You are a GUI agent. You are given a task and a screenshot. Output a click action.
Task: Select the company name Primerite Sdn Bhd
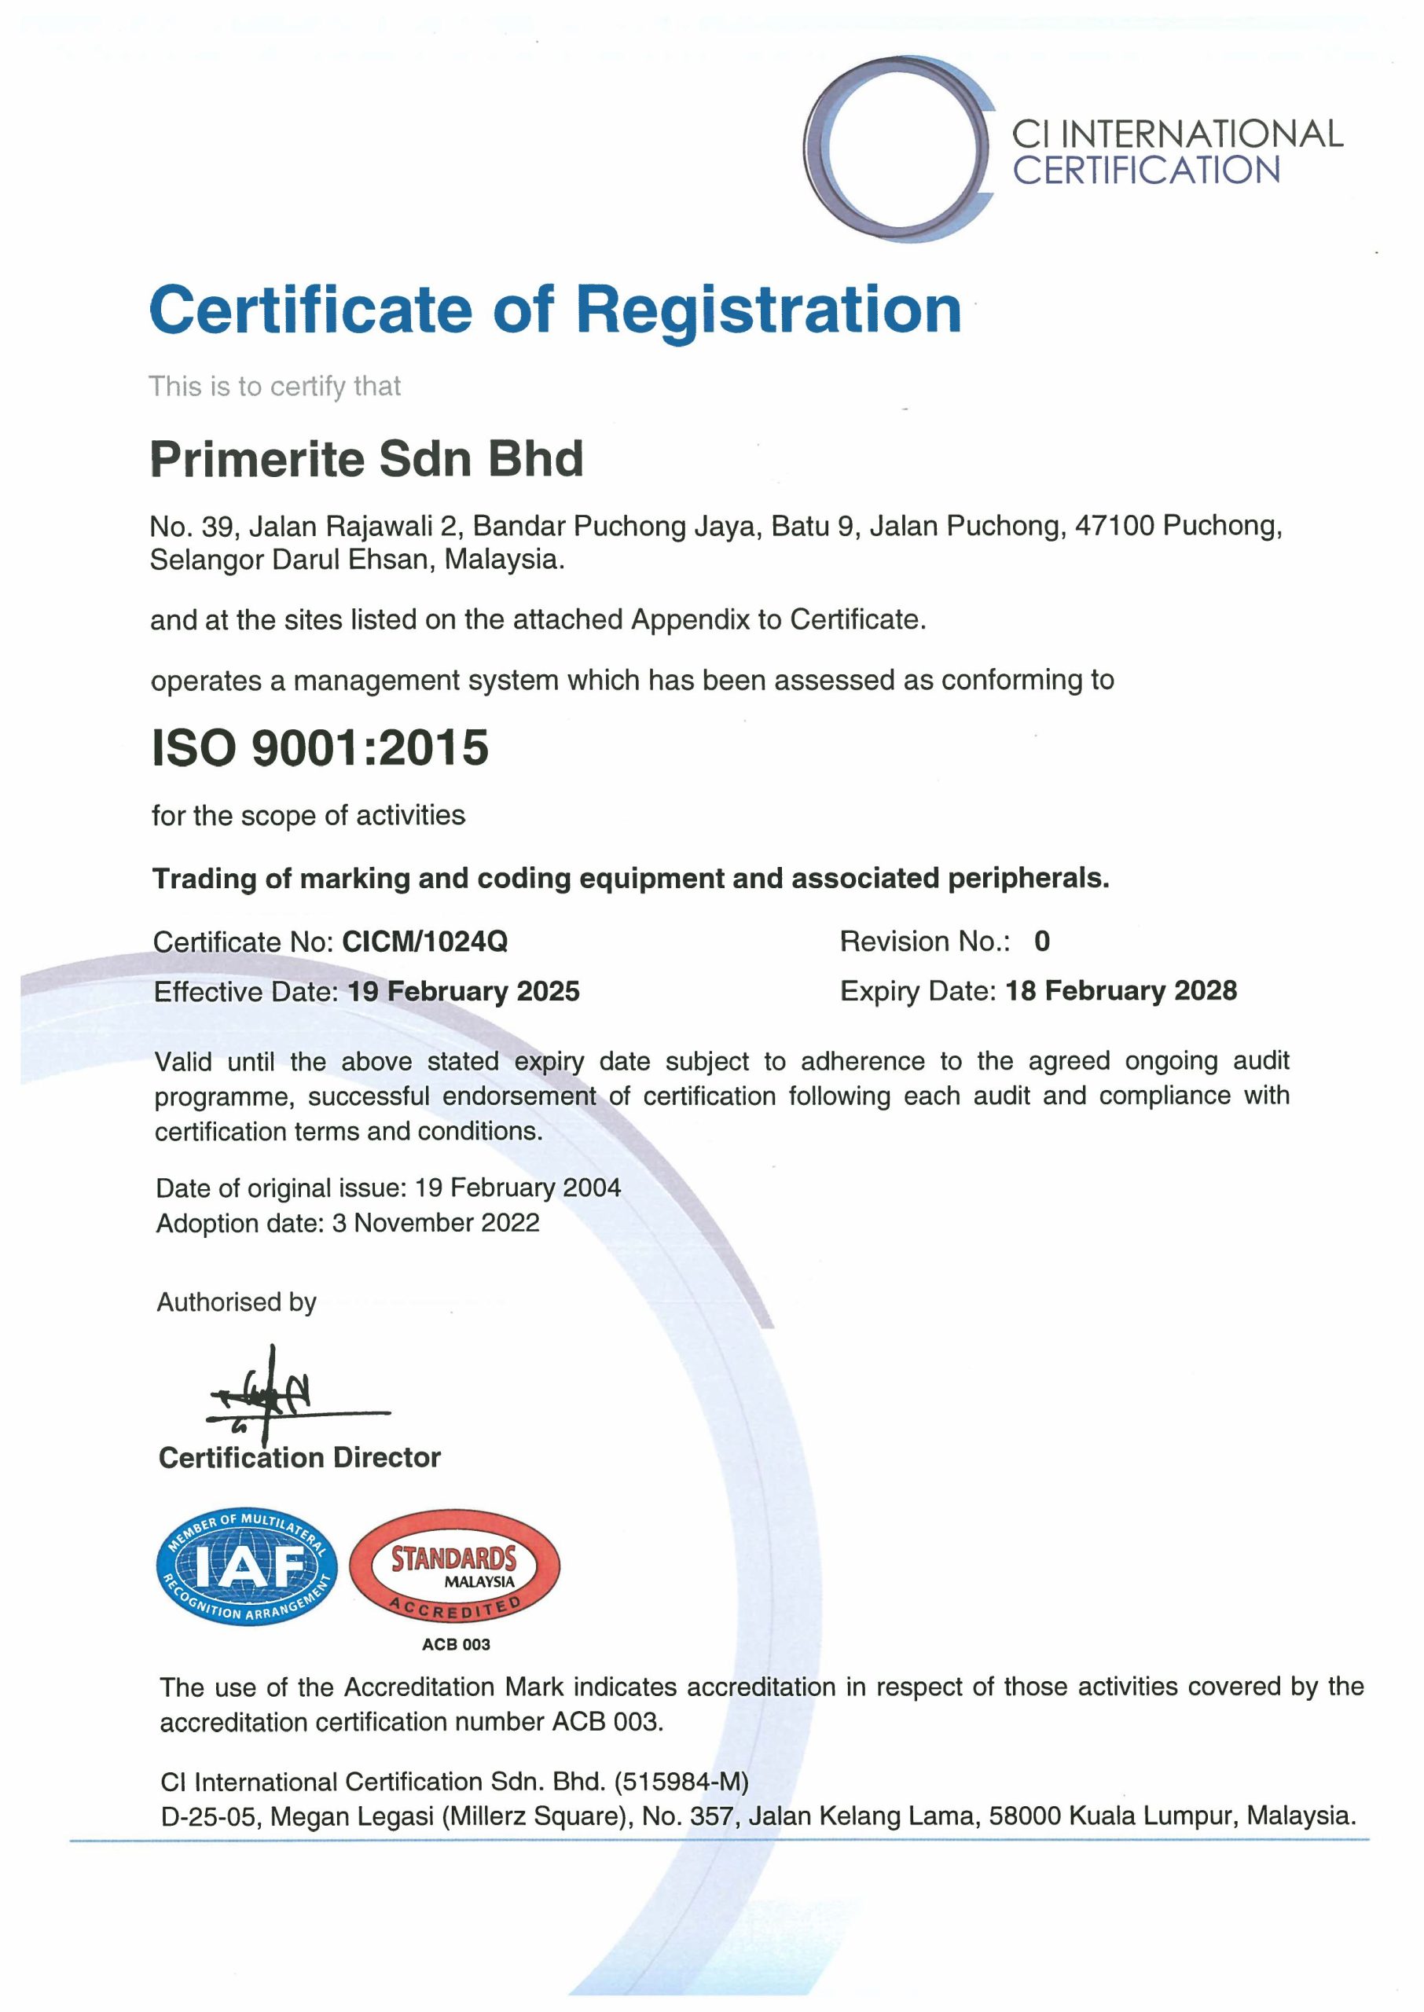point(366,458)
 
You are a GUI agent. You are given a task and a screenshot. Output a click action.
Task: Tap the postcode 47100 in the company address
point(1114,525)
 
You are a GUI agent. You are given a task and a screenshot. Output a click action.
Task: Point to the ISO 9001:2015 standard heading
point(320,747)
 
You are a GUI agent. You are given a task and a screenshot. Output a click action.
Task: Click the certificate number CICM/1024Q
point(424,941)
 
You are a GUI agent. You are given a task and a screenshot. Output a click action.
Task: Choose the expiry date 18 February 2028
point(1121,989)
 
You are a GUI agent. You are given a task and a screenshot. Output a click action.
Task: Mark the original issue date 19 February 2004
point(517,1187)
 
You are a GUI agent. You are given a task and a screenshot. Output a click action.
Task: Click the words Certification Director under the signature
point(299,1457)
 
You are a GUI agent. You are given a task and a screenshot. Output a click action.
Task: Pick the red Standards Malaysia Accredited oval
point(454,1566)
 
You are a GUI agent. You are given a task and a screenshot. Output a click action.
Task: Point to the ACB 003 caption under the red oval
point(456,1644)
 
